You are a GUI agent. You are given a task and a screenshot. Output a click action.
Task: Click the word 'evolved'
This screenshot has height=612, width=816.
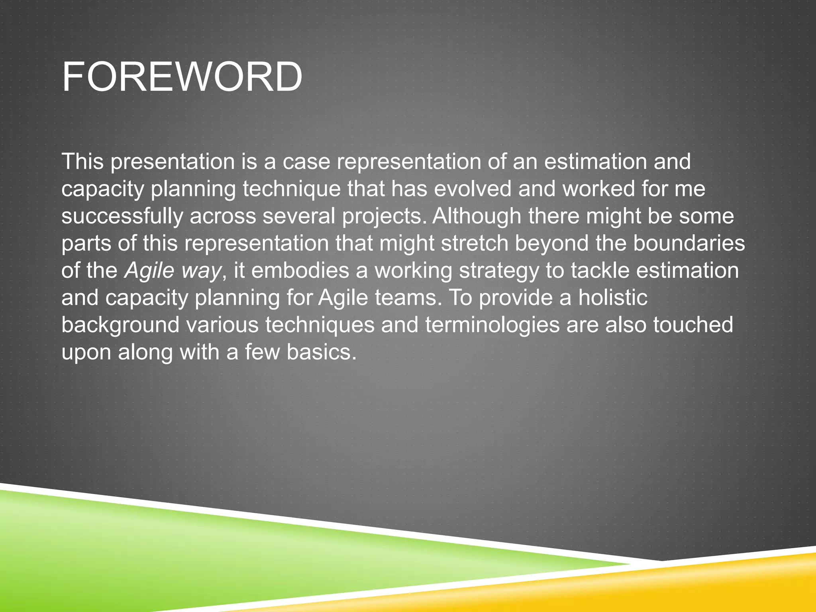click(x=472, y=188)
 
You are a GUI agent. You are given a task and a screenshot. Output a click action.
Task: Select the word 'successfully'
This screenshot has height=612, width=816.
click(x=122, y=216)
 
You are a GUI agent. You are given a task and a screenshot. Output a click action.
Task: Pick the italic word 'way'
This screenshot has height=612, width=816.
click(x=201, y=271)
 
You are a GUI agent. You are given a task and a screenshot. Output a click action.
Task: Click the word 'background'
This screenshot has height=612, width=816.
click(x=120, y=325)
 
